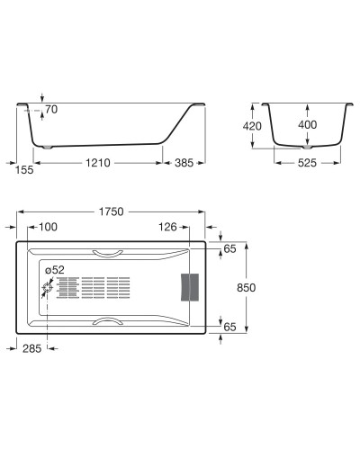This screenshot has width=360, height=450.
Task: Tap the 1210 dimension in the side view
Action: point(99,165)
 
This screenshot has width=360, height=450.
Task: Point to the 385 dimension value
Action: point(184,165)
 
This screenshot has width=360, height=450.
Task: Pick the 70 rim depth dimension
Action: point(50,109)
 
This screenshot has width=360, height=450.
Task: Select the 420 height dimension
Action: point(253,127)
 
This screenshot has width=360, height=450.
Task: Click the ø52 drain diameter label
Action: point(55,269)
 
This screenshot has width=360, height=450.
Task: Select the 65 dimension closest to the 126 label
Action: point(229,247)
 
